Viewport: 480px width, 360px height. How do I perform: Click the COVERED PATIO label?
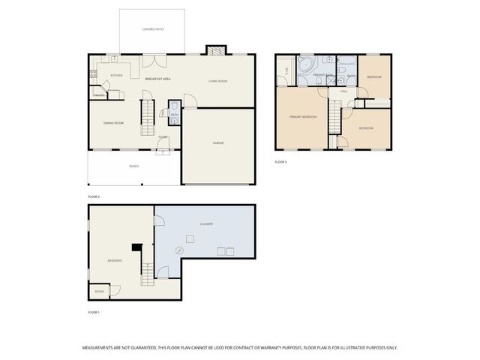point(153,29)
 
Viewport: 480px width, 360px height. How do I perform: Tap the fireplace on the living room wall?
point(216,51)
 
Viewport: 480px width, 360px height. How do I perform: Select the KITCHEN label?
point(116,75)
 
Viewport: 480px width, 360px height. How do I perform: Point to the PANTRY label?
point(98,95)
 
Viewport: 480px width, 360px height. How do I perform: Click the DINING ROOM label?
point(113,123)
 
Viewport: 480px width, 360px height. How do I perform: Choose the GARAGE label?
point(218,142)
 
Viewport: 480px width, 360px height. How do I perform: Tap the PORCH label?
point(133,166)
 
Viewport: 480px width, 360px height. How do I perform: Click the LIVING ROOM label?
point(217,80)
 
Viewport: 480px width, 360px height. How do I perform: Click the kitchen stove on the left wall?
point(93,74)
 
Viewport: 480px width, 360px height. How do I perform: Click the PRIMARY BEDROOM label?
point(303,117)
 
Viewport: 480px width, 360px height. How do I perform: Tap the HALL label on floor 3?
point(343,91)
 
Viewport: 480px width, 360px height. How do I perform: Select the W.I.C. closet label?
point(285,73)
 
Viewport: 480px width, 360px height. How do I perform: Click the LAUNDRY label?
point(206,223)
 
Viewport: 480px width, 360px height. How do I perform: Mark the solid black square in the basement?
point(136,247)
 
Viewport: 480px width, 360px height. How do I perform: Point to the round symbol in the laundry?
point(178,250)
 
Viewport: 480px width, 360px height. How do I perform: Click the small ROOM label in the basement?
point(99,291)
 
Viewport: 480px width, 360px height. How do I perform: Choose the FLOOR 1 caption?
point(94,311)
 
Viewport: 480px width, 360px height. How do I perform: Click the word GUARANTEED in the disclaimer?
point(139,348)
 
